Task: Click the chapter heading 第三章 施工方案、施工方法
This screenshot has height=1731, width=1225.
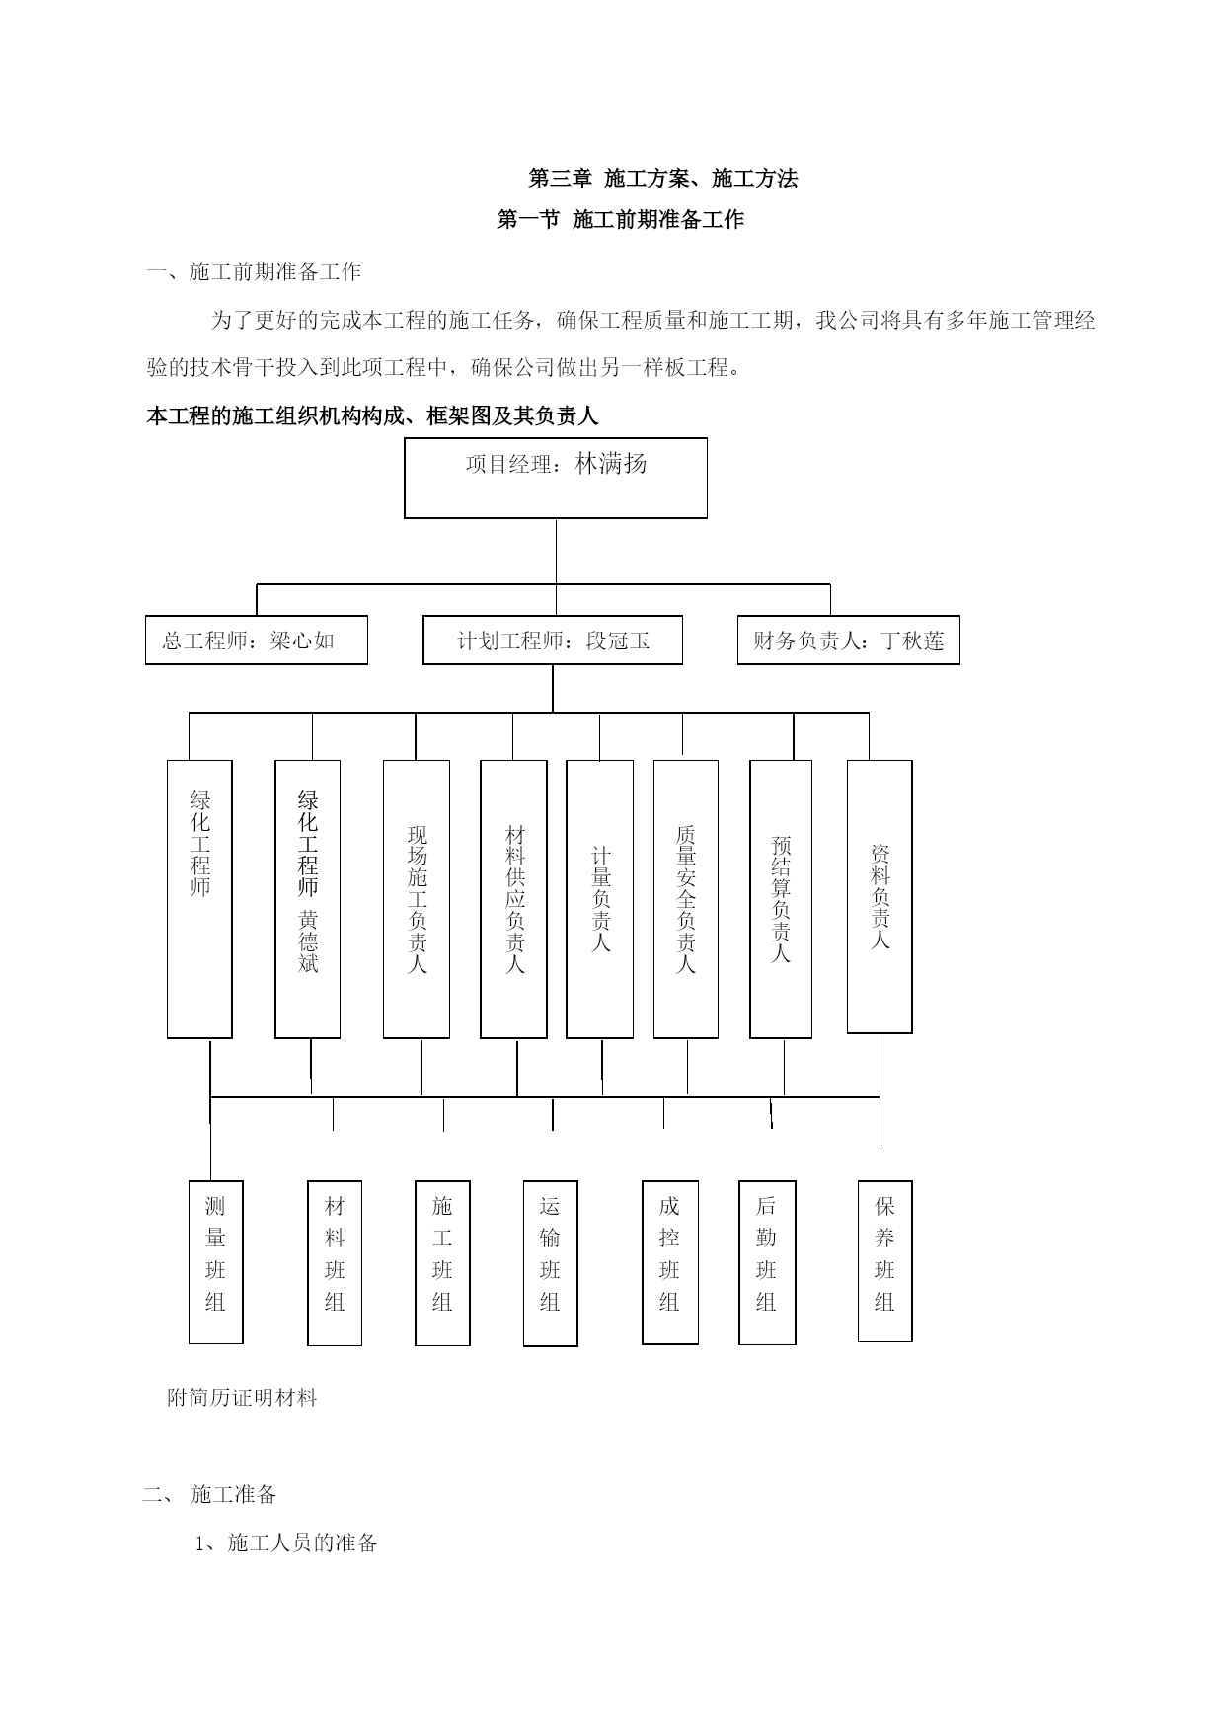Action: point(663,179)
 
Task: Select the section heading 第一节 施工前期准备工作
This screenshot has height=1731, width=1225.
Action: point(620,219)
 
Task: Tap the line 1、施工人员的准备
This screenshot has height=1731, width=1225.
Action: point(286,1543)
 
